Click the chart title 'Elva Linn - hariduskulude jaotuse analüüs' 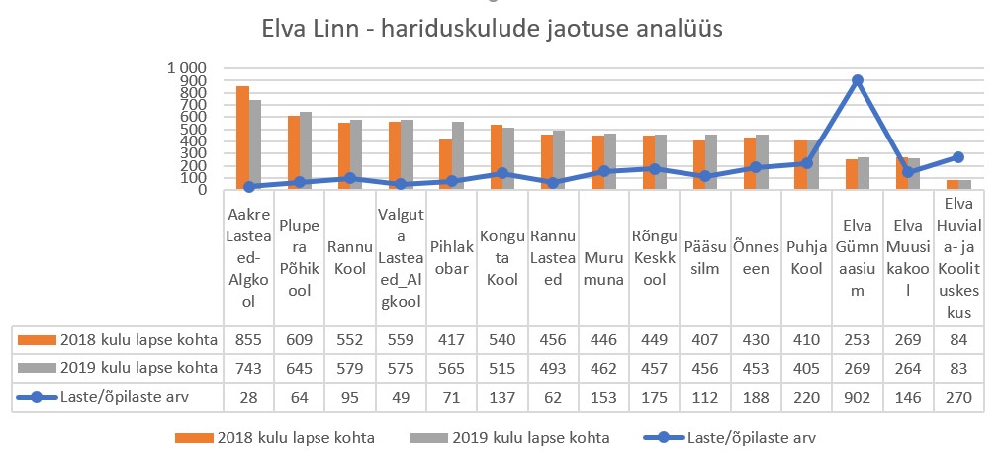tap(492, 29)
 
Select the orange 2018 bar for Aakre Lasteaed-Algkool tap(242, 139)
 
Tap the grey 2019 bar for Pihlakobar tap(457, 155)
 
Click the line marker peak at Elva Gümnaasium tap(858, 80)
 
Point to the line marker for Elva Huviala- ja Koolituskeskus tap(958, 156)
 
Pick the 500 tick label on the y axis tap(191, 129)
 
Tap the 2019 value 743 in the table tap(249, 369)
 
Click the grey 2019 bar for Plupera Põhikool tap(306, 150)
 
